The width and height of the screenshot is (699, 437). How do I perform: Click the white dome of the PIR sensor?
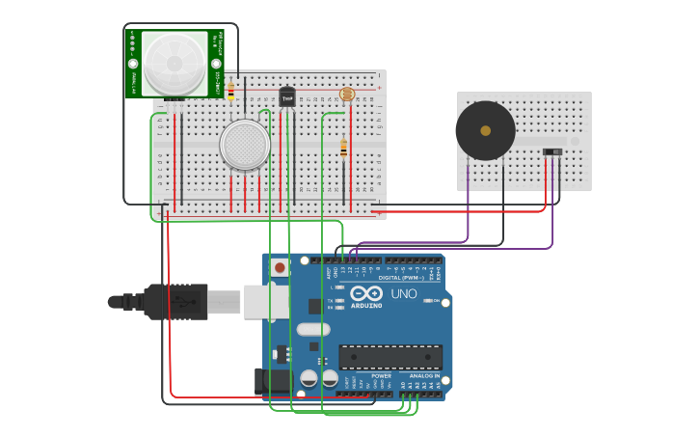(x=175, y=64)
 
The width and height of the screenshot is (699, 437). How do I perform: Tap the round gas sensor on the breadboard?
(x=245, y=145)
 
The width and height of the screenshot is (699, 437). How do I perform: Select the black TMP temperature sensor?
(x=286, y=96)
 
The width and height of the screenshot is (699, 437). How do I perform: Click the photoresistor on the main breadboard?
(x=347, y=95)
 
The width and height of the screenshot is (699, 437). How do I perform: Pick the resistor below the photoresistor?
(x=343, y=149)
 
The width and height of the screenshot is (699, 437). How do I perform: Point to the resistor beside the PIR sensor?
(x=230, y=91)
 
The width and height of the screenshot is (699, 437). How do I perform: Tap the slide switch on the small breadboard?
(x=552, y=151)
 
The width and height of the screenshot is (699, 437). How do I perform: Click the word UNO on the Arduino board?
(x=403, y=293)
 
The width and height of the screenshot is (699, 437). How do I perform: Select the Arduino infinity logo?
(x=367, y=292)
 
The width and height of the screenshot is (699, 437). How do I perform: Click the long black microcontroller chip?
(x=390, y=357)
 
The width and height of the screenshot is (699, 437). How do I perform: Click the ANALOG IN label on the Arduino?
(x=424, y=376)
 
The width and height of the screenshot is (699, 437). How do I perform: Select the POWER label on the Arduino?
(x=368, y=376)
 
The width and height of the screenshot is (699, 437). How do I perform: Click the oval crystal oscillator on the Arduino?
(x=313, y=330)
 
